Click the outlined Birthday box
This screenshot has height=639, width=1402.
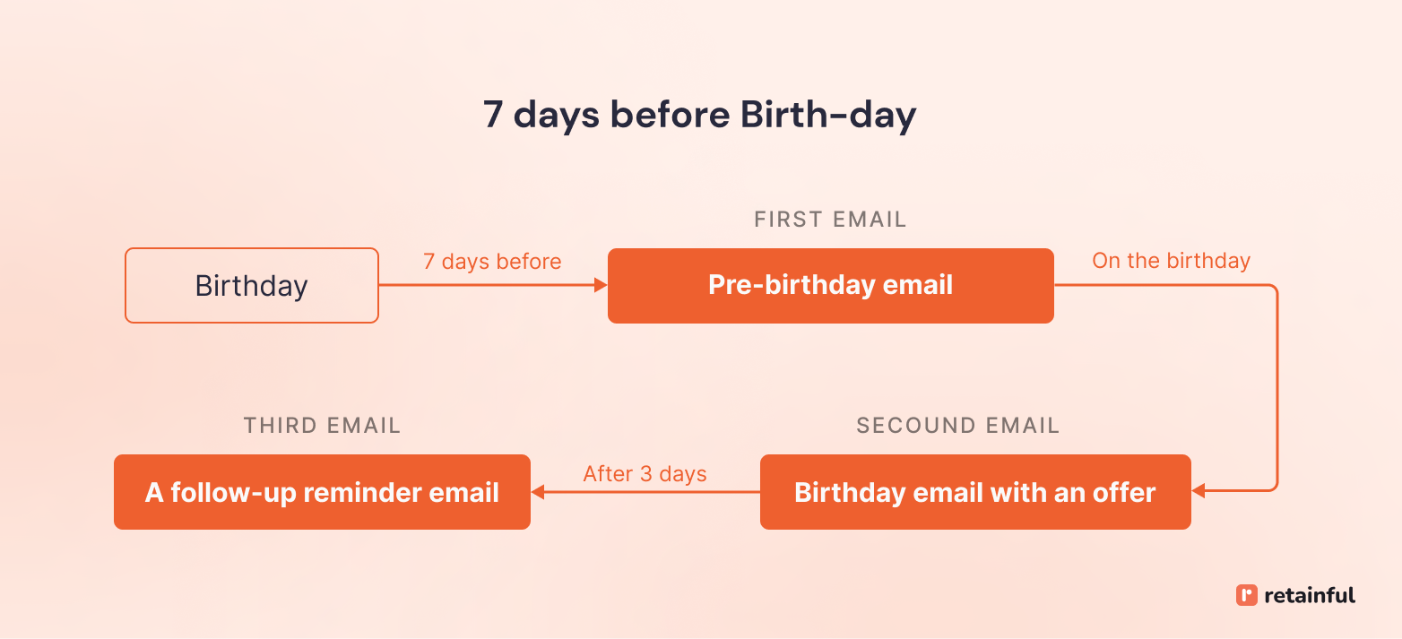252,286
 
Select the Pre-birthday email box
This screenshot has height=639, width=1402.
830,286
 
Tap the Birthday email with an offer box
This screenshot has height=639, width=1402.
975,492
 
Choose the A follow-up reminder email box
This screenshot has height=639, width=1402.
322,492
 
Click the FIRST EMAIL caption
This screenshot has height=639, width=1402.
830,220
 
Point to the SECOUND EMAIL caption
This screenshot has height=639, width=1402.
957,426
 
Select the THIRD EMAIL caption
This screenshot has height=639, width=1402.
322,426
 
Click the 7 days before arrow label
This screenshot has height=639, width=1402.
492,262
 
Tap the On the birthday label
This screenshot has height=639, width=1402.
1171,261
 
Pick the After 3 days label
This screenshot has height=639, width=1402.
645,473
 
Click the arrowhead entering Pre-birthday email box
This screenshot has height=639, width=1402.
601,286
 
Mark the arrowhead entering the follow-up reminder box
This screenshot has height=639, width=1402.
538,492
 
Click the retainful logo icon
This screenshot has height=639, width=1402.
1246,595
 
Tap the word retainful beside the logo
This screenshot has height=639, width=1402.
1310,595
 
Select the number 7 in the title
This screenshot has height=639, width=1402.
493,116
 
